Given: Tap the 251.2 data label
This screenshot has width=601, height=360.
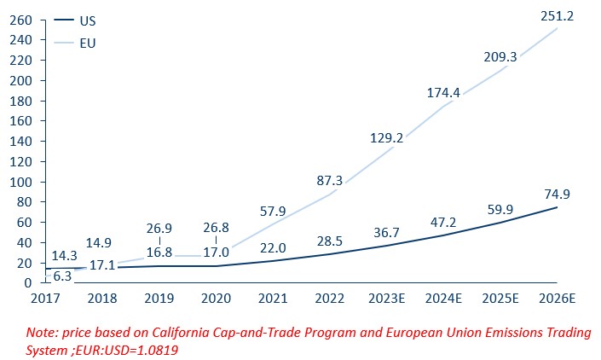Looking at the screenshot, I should (x=557, y=15).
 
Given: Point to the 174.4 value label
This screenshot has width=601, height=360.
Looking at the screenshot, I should (x=443, y=92).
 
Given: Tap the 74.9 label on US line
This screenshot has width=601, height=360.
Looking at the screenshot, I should (x=557, y=194).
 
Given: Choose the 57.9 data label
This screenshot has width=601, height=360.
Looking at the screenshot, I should (x=274, y=210).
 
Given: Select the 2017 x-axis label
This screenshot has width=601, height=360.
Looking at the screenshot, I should (x=47, y=299).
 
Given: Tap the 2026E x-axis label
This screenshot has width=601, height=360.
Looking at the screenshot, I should (x=557, y=299).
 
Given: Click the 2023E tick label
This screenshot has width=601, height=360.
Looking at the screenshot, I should (x=387, y=299).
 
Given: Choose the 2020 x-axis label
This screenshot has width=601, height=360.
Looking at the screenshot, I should (x=217, y=299).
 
